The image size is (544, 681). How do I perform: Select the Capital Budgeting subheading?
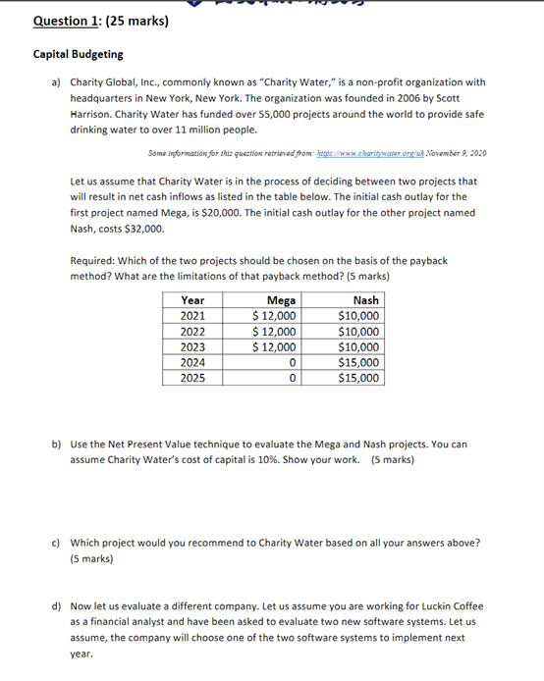(x=79, y=55)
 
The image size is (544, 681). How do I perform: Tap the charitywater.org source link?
(x=382, y=153)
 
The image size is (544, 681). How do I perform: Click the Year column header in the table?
(x=192, y=300)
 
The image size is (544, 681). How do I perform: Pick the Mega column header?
(x=281, y=300)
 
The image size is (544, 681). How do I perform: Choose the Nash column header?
(x=365, y=300)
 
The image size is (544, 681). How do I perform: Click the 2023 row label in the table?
(x=192, y=346)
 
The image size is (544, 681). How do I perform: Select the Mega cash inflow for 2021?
(x=274, y=316)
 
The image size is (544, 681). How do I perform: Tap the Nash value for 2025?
(x=358, y=377)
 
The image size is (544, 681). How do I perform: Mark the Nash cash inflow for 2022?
(x=358, y=332)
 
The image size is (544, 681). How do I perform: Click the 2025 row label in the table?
(x=192, y=377)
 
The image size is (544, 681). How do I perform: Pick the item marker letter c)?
(x=56, y=543)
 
